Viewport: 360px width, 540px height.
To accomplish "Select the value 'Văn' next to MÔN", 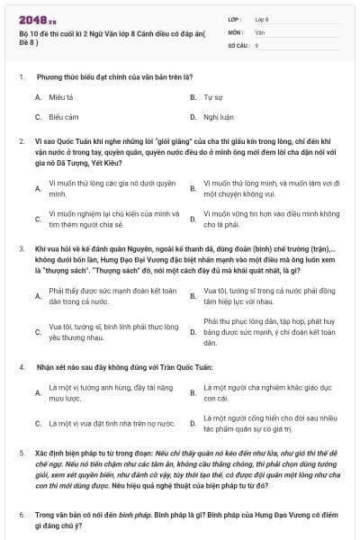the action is (260, 31).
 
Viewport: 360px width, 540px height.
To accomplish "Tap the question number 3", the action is (21, 247).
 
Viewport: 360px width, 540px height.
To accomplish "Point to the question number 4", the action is (21, 368).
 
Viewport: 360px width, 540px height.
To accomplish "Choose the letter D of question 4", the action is (192, 423).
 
